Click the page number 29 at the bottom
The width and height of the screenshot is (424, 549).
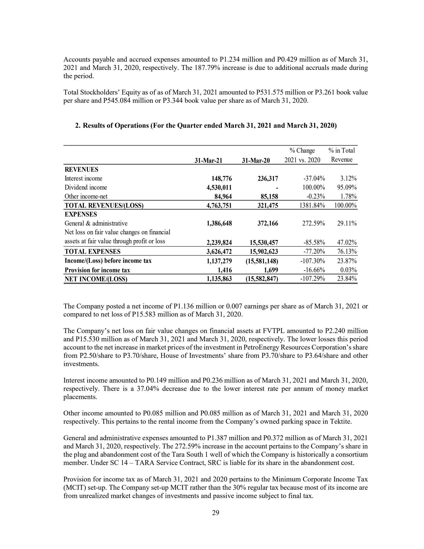point(215,513)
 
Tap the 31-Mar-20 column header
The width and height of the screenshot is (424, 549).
point(256,160)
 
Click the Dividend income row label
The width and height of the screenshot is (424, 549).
point(86,187)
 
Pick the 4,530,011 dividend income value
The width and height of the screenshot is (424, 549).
point(219,188)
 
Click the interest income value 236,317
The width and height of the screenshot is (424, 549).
point(268,179)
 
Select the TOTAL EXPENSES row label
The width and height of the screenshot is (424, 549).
point(92,251)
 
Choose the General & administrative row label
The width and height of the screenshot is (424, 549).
point(96,223)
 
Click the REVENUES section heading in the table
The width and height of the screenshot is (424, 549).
point(81,169)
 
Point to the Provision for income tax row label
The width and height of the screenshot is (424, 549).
point(97,270)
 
